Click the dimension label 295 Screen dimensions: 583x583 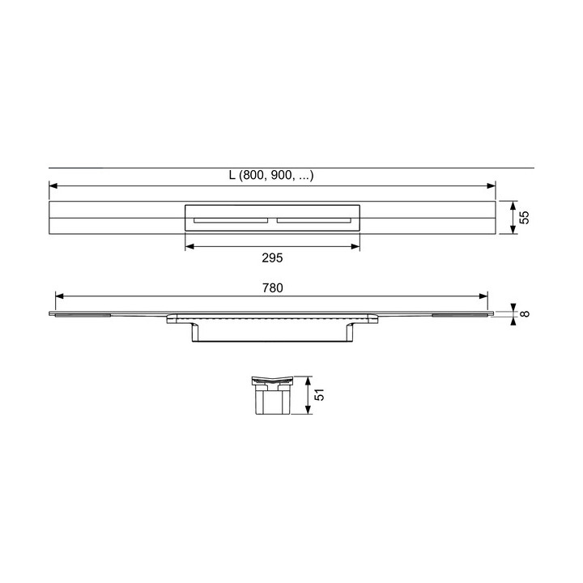click(272, 257)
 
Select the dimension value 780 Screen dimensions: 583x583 click(273, 287)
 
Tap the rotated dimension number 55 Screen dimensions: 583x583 click(524, 218)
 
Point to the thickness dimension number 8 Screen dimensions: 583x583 click(525, 313)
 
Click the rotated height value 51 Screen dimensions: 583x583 click(319, 395)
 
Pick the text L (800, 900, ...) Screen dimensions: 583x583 click(271, 175)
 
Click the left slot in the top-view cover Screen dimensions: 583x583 click(231, 220)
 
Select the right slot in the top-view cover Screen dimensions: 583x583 click(314, 220)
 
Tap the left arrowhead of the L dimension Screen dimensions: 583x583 click(53, 185)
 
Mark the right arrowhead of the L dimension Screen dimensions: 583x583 click(492, 185)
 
